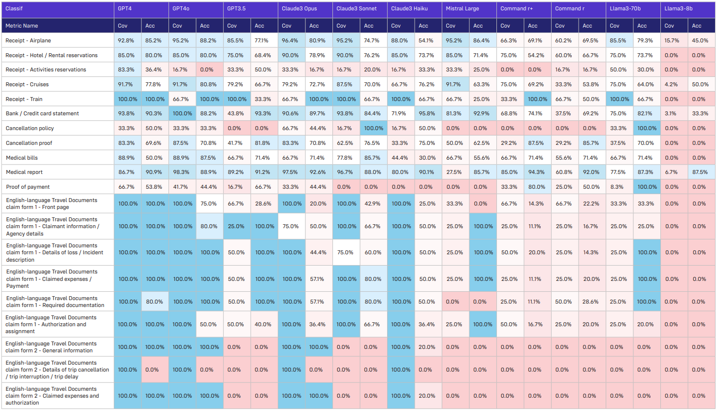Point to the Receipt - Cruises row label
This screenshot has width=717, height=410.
[x=27, y=84]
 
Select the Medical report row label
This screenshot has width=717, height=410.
[x=24, y=172]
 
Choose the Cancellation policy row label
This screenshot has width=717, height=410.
[x=30, y=128]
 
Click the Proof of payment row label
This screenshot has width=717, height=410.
[x=28, y=187]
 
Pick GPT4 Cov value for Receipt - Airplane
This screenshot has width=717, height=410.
[x=128, y=40]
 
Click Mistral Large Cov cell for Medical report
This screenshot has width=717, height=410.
[x=455, y=172]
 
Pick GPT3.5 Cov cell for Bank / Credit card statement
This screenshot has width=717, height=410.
[x=237, y=114]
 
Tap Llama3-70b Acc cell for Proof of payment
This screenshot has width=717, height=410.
[x=645, y=187]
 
